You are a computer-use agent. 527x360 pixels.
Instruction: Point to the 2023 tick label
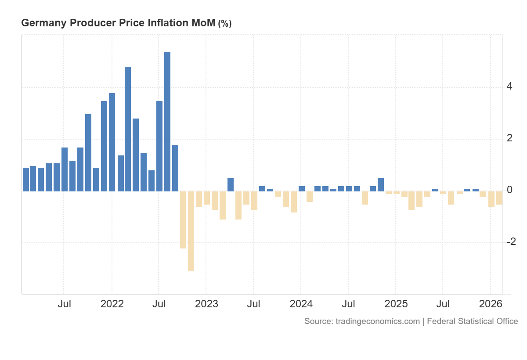206,304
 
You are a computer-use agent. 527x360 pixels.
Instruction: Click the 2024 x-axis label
301,304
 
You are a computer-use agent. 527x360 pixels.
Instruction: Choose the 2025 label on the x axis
396,304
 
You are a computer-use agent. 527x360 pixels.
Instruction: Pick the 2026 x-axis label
491,304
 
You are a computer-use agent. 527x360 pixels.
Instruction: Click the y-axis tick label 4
509,86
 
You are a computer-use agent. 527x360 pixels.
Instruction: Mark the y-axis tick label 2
509,138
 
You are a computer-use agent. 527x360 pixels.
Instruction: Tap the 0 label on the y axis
509,190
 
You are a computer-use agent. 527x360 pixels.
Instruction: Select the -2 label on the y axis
511,242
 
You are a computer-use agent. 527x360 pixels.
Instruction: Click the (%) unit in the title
224,24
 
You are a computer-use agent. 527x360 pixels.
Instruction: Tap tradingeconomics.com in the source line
378,321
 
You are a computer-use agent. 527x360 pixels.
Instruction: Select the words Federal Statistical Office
473,321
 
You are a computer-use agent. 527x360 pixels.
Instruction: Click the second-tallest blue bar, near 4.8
128,129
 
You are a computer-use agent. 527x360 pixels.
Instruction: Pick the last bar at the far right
499,198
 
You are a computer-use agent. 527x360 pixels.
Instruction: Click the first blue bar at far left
26,180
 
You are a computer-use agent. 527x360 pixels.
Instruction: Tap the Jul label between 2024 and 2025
348,304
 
